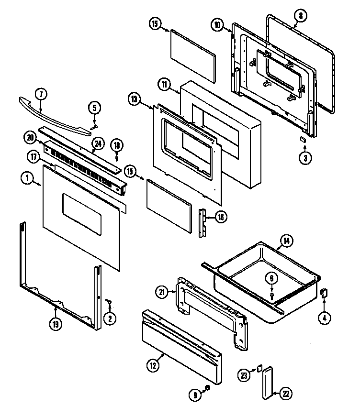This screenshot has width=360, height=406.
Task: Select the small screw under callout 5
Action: (93, 126)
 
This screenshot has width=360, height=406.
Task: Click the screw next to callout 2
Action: (108, 301)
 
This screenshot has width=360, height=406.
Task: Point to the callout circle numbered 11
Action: (164, 85)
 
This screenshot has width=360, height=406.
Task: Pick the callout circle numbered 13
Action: (135, 99)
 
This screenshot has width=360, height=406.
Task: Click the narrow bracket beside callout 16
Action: (202, 222)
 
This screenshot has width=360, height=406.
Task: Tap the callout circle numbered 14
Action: (286, 241)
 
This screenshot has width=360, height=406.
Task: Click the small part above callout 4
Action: (324, 293)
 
